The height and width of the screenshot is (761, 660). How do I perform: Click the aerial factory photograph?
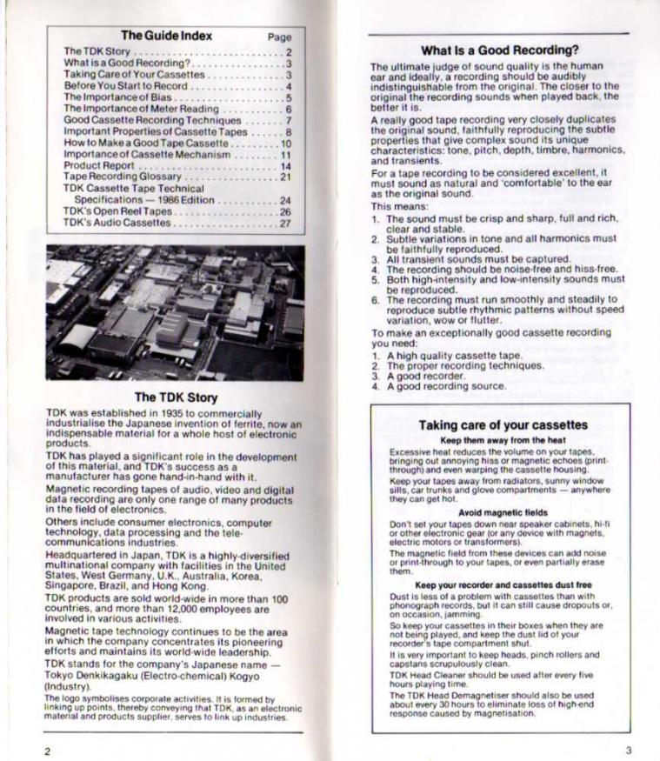point(175,312)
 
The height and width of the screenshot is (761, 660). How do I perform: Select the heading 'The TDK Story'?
point(175,397)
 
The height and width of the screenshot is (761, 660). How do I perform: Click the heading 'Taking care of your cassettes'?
point(503,425)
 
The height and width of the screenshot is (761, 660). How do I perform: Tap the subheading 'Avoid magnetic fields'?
point(503,512)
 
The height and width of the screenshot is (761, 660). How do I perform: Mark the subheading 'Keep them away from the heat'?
point(503,440)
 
